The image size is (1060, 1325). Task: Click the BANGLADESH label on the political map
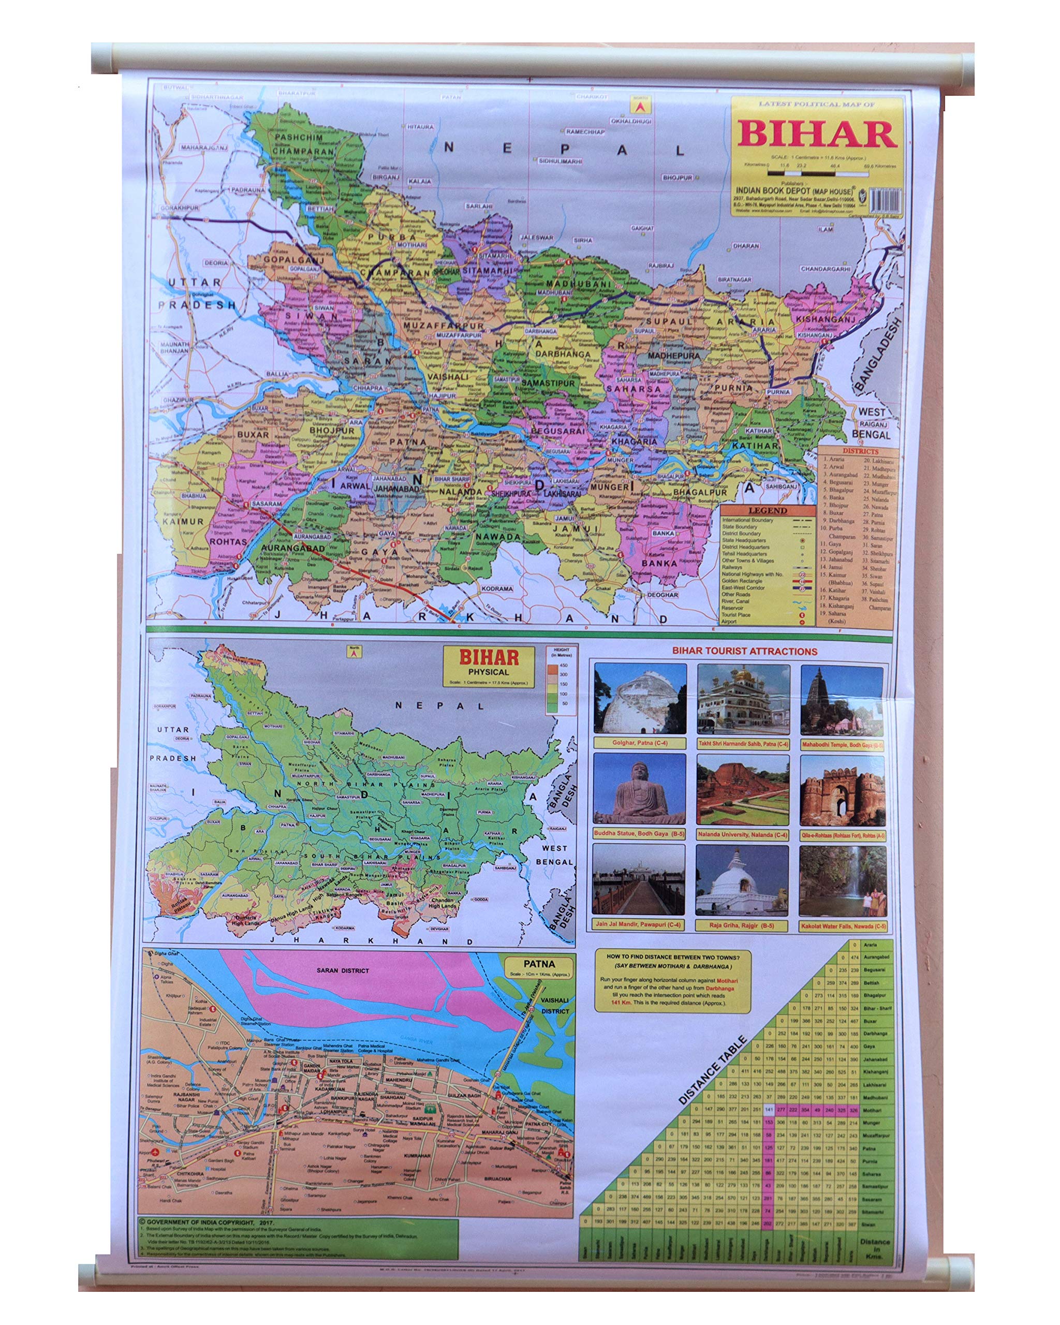(x=879, y=354)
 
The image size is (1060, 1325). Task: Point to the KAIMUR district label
(x=183, y=521)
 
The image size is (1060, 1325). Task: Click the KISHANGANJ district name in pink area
(x=825, y=319)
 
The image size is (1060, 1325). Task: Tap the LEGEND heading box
(x=767, y=510)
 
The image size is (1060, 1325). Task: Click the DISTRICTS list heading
(x=860, y=451)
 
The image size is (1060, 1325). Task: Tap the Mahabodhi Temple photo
(x=842, y=699)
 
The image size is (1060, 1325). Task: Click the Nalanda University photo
(x=742, y=790)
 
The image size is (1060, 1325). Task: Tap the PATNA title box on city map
(x=539, y=967)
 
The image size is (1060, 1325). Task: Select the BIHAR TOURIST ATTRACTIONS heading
(x=744, y=651)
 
